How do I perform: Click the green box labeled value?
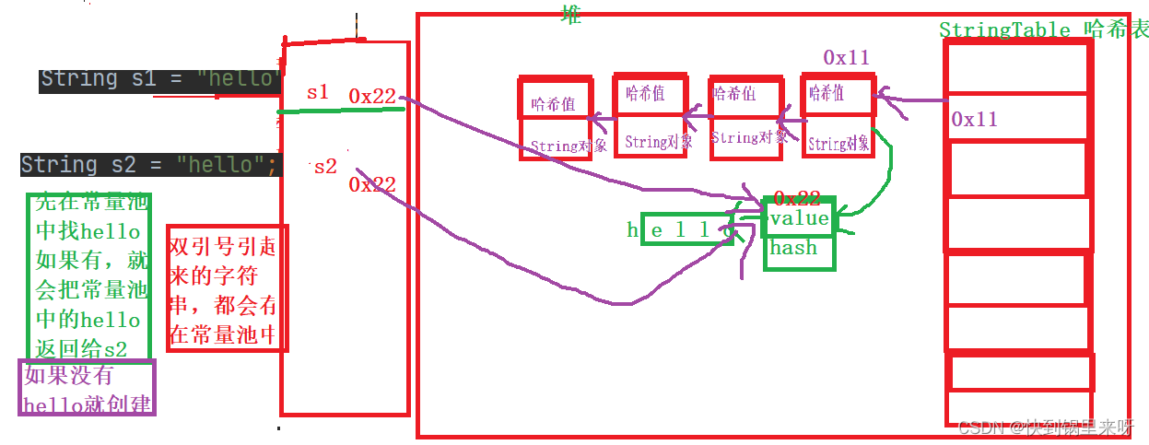799,218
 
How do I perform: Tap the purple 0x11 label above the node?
846,58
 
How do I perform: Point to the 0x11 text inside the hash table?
975,119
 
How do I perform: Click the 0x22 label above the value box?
797,198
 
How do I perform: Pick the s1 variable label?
318,92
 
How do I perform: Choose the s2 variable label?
325,167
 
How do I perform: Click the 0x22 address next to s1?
372,95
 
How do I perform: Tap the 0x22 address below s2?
372,184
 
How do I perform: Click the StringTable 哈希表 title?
1043,29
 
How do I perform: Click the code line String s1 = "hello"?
159,79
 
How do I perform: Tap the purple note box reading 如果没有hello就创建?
88,388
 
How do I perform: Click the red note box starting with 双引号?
227,287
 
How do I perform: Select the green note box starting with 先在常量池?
88,274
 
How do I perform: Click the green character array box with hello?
682,231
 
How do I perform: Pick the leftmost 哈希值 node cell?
555,103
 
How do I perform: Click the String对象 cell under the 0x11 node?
838,143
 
